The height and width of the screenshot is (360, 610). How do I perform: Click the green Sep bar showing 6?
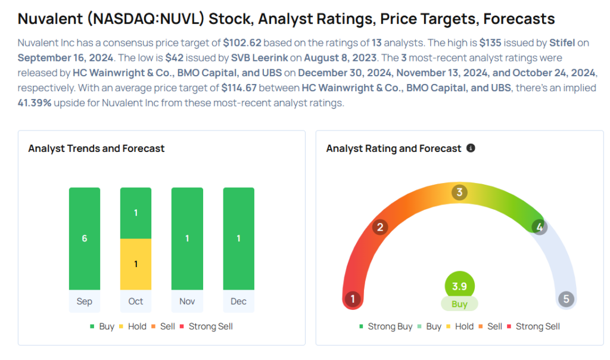[85, 238]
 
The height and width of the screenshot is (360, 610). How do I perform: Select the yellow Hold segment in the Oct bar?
[136, 264]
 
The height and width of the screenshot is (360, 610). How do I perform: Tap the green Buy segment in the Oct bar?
[136, 213]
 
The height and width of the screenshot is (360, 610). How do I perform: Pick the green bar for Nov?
[187, 238]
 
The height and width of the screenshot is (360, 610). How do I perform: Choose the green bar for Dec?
[238, 238]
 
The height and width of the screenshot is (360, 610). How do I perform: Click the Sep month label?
[85, 301]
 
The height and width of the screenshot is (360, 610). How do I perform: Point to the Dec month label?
[238, 301]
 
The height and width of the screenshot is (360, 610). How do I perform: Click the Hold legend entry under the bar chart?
[132, 327]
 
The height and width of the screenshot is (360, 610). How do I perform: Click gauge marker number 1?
[353, 299]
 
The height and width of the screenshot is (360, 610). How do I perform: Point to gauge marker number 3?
[459, 193]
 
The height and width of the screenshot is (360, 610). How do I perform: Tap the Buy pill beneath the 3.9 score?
[459, 304]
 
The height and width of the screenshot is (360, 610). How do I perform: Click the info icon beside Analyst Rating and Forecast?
[471, 148]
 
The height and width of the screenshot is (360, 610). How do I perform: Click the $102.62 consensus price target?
[242, 44]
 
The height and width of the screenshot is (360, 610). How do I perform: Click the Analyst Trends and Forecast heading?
[97, 148]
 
